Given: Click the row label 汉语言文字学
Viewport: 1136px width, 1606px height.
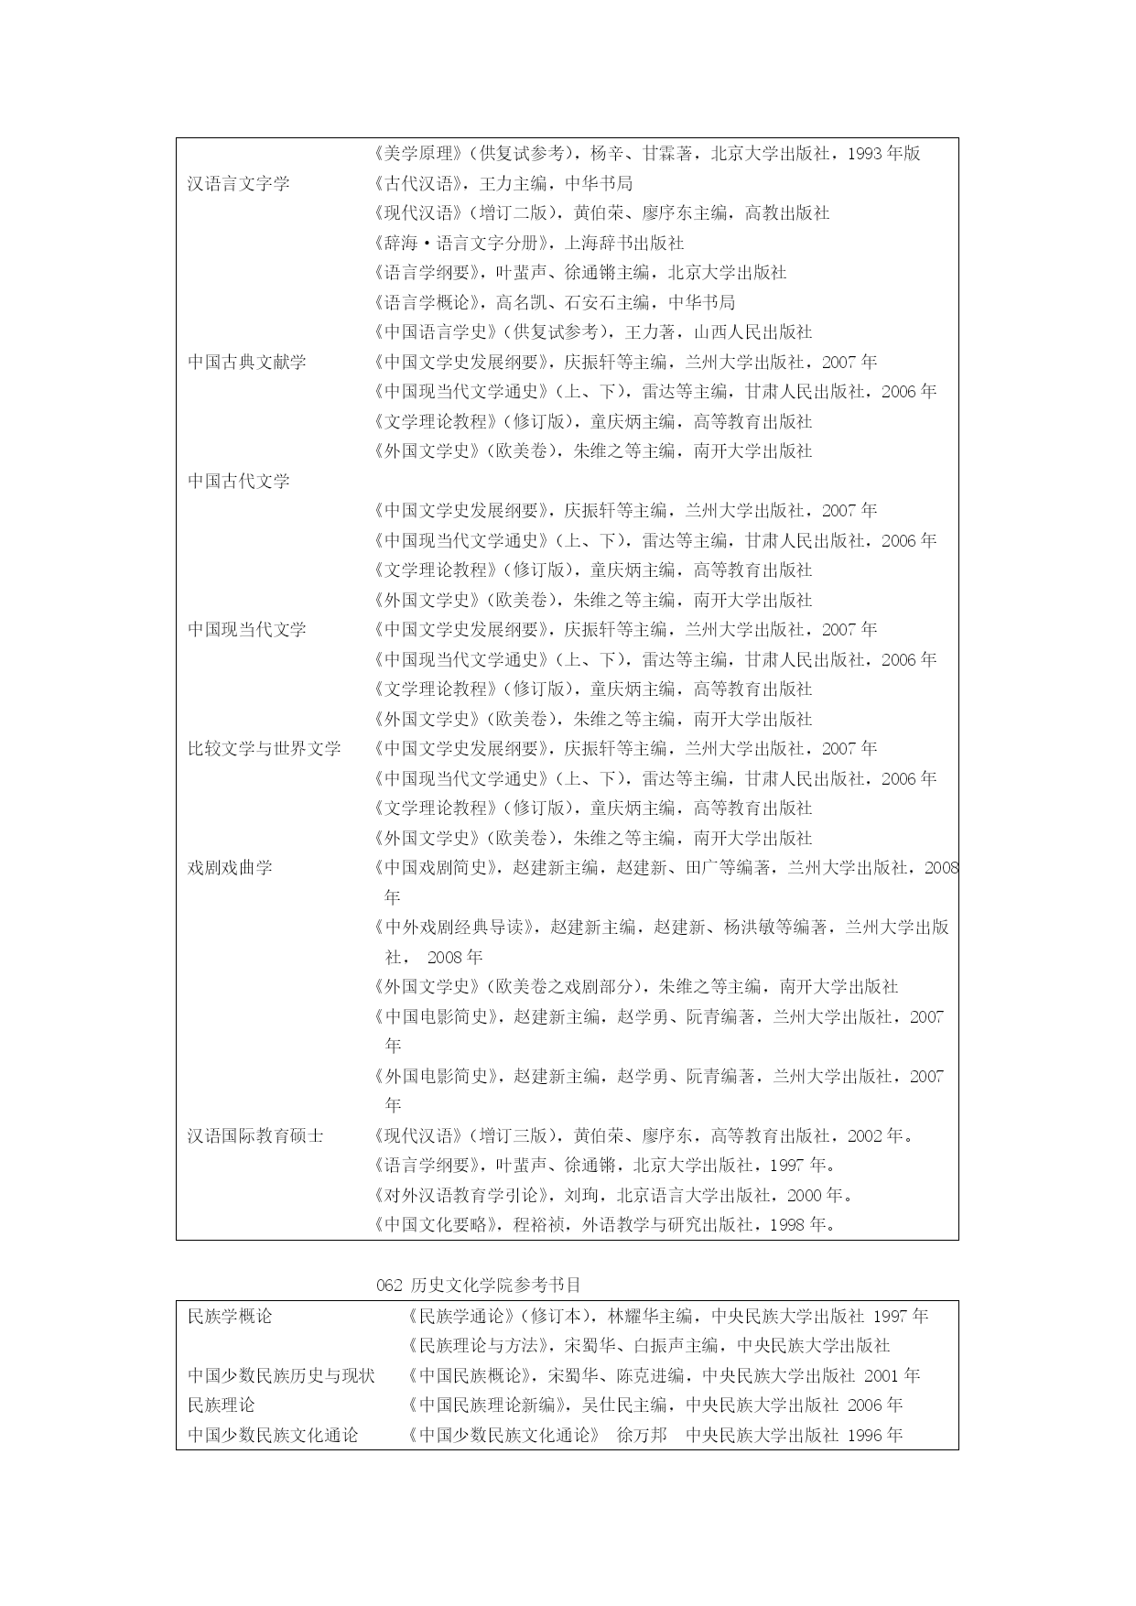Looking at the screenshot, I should [238, 183].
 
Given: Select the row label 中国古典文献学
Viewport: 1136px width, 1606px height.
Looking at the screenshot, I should [246, 362].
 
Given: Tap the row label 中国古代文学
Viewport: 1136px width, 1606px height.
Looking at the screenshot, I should [238, 481].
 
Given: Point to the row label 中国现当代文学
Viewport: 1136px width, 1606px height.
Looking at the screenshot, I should [246, 630].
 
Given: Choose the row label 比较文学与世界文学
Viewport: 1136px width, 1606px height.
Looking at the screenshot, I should [264, 749].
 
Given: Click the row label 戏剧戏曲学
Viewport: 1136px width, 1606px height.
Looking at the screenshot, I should [230, 868].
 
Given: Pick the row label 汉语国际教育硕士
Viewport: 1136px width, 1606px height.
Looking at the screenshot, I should [255, 1135].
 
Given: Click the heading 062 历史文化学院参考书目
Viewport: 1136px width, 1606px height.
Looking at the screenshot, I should [479, 1285].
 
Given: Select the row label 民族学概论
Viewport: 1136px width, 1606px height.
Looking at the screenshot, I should [230, 1317].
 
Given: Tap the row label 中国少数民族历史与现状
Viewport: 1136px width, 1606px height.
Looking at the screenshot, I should [281, 1376].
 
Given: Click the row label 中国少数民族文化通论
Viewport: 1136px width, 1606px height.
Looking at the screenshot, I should [273, 1436].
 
